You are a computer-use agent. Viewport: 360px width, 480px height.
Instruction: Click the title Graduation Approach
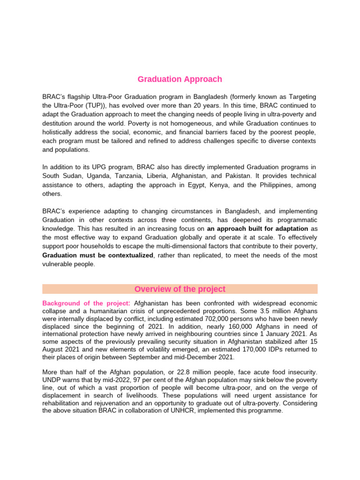coord(180,79)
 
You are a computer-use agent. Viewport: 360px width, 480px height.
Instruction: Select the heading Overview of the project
coord(180,289)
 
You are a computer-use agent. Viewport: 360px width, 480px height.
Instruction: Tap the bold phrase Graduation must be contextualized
coord(97,255)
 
